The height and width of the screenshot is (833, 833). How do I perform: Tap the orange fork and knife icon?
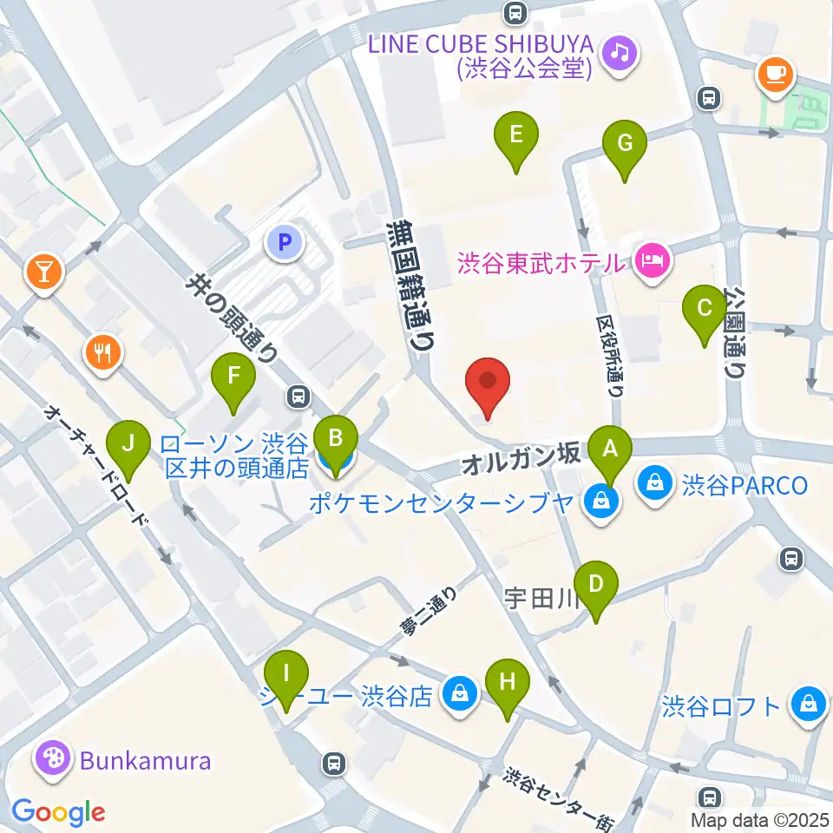click(x=103, y=353)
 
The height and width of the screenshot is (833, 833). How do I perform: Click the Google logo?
click(x=58, y=811)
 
